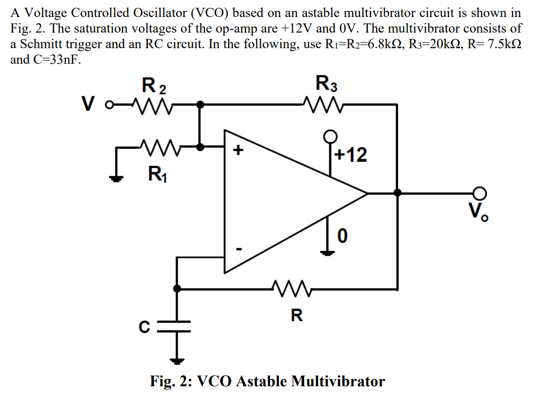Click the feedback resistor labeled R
291,288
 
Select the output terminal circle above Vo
480,193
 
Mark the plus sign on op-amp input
239,151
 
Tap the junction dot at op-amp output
397,193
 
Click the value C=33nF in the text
52,60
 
